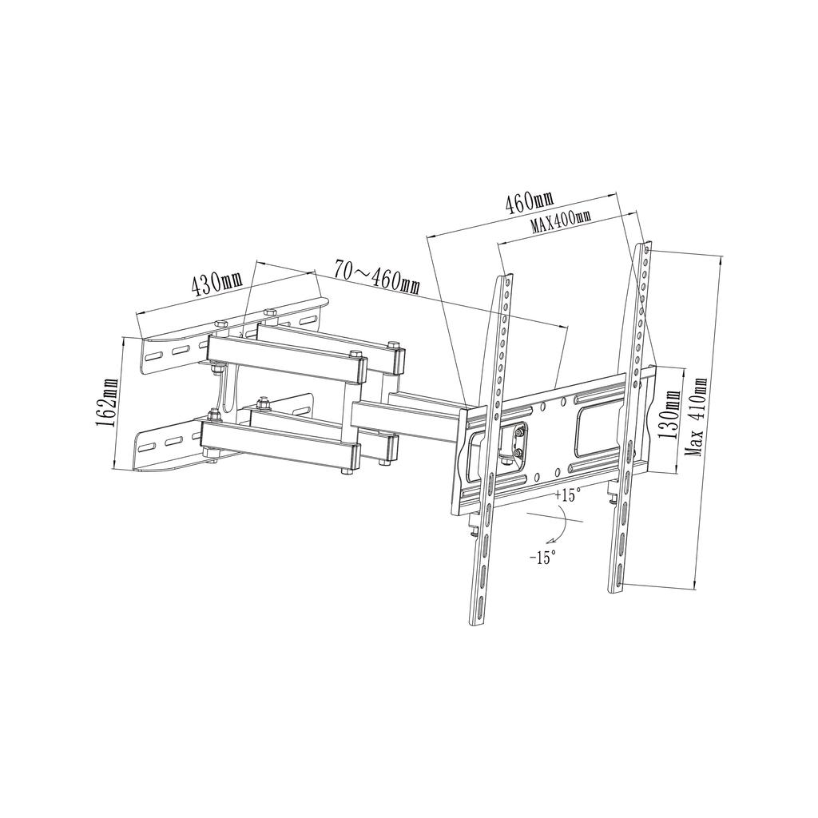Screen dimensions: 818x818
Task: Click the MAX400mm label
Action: coord(561,221)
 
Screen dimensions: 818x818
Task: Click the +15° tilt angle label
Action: coord(564,496)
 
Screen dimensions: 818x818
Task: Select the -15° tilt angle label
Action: coord(542,557)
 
